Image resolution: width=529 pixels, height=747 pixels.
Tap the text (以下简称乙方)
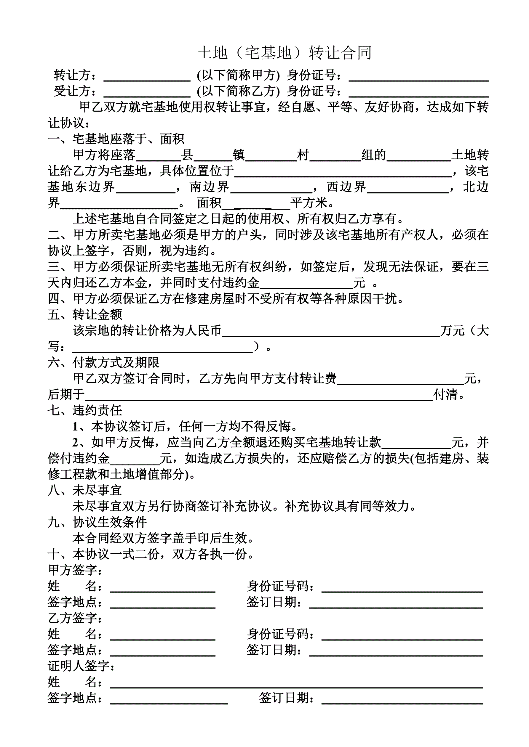click(x=238, y=91)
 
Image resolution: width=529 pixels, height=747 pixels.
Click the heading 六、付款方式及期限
click(x=104, y=362)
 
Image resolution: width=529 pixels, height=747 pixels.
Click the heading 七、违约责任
click(x=85, y=410)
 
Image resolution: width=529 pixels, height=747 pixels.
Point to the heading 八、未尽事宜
click(x=85, y=490)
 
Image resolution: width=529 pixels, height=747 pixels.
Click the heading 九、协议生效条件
click(x=98, y=522)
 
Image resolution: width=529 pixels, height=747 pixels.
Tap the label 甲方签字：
click(x=75, y=570)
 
